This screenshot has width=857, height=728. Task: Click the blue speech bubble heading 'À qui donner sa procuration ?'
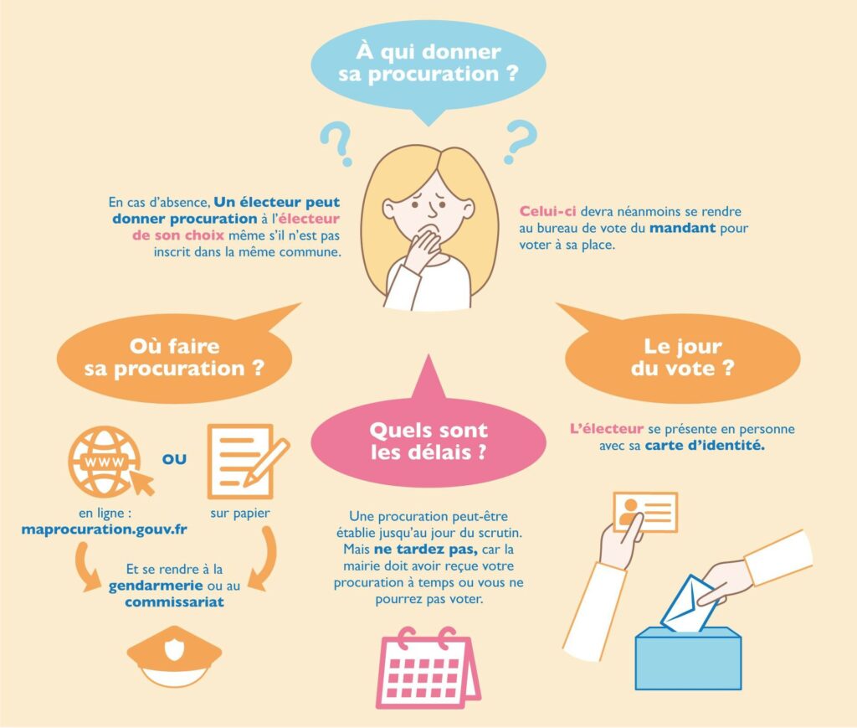coord(428,65)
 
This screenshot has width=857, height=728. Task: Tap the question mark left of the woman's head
coord(338,143)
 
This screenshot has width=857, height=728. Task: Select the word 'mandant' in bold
coord(682,228)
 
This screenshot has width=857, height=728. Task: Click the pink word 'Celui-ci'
coord(547,211)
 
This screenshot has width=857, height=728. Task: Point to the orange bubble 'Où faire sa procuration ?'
coord(175,355)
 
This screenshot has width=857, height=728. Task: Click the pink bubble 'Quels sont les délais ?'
coord(428,437)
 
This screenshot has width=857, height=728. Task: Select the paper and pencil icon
coord(245,461)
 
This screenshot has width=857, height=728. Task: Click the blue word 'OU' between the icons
coord(174,459)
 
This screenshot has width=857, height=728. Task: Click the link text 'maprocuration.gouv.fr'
coord(104,529)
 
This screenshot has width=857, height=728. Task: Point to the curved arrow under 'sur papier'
coord(267,559)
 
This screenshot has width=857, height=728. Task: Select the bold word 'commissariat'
coord(174,602)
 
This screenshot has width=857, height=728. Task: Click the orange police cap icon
coord(174,656)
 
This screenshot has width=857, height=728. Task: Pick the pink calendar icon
coord(428,669)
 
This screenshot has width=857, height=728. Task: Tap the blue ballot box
coord(688,658)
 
